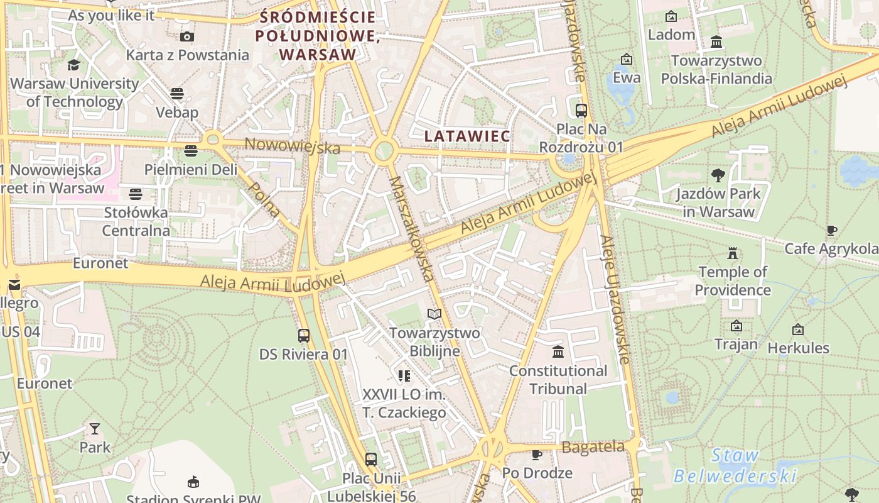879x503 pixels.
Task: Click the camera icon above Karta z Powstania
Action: pyautogui.click(x=186, y=36)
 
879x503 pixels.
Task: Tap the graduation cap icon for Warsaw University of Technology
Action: pyautogui.click(x=74, y=65)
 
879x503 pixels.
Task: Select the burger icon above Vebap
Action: pyautogui.click(x=177, y=94)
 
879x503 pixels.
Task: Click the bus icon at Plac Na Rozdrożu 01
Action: pyautogui.click(x=581, y=111)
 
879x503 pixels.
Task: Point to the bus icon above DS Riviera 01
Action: pyautogui.click(x=304, y=336)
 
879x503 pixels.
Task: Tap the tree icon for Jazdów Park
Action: pyautogui.click(x=718, y=175)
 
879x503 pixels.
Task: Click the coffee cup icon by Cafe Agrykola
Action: pyautogui.click(x=832, y=231)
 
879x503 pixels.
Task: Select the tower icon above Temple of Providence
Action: pyautogui.click(x=732, y=253)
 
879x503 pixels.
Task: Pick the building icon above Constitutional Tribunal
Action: pyautogui.click(x=558, y=351)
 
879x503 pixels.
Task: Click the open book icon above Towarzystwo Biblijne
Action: pyautogui.click(x=434, y=314)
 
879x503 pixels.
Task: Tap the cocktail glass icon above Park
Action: pyautogui.click(x=95, y=429)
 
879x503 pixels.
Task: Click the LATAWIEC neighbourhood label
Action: pyautogui.click(x=466, y=136)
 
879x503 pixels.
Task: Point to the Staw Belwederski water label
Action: pyautogui.click(x=735, y=465)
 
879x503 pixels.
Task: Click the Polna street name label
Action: pyautogui.click(x=264, y=199)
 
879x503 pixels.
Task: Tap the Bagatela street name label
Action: pyautogui.click(x=593, y=447)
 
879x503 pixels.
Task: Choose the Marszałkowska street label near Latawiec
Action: pyautogui.click(x=411, y=228)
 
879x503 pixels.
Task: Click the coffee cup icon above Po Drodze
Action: pyautogui.click(x=537, y=455)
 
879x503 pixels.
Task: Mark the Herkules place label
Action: pyautogui.click(x=798, y=348)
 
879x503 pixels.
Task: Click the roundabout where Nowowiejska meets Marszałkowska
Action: pyautogui.click(x=383, y=151)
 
